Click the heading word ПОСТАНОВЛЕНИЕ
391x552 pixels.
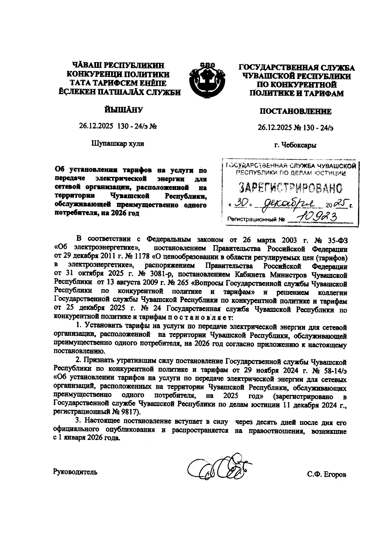(x=295, y=112)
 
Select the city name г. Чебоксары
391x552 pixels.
(x=295, y=145)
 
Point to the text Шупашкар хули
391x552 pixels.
(x=118, y=143)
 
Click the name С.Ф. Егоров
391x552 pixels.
(x=326, y=475)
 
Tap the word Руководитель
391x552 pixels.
(x=75, y=472)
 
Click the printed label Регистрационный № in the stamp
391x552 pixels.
(x=256, y=219)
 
